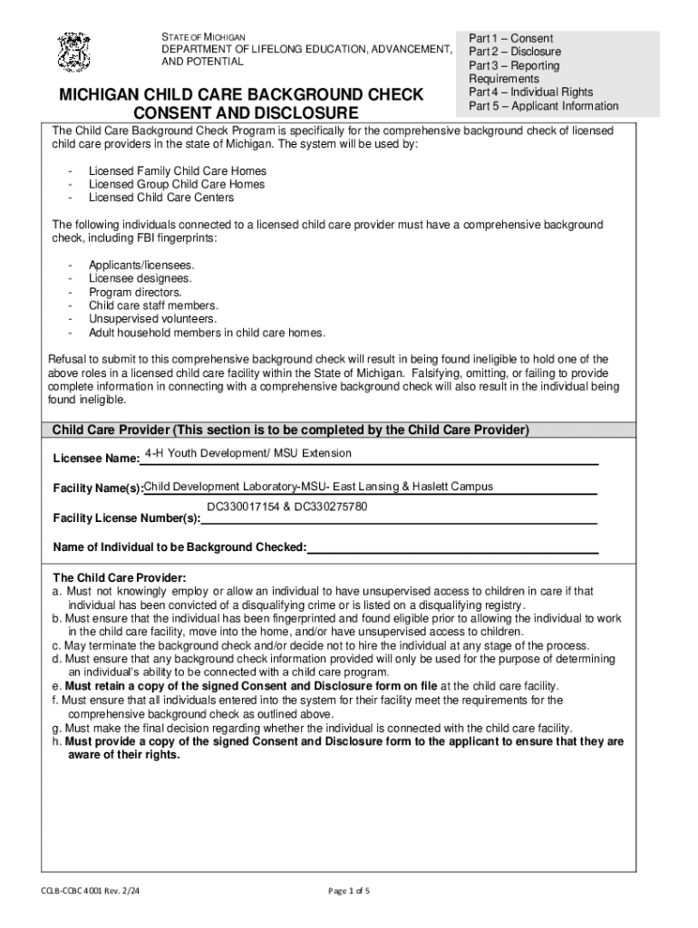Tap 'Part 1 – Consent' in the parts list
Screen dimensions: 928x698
(510, 39)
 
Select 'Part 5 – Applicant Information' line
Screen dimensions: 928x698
(543, 106)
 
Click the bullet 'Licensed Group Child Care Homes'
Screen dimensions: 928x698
(177, 184)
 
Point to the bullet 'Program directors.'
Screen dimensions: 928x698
(135, 292)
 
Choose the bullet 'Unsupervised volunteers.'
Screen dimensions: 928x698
(152, 319)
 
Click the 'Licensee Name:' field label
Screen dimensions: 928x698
(96, 458)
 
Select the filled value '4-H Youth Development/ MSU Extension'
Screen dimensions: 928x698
(248, 453)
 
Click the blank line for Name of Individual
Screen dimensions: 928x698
(453, 547)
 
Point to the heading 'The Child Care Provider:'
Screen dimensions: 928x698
(119, 577)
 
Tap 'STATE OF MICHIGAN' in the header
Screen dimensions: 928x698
(198, 35)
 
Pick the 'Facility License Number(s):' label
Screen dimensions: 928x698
(126, 518)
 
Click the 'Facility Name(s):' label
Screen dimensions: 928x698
(98, 489)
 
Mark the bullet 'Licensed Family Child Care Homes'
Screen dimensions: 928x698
(178, 170)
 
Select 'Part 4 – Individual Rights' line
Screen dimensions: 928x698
(530, 92)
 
